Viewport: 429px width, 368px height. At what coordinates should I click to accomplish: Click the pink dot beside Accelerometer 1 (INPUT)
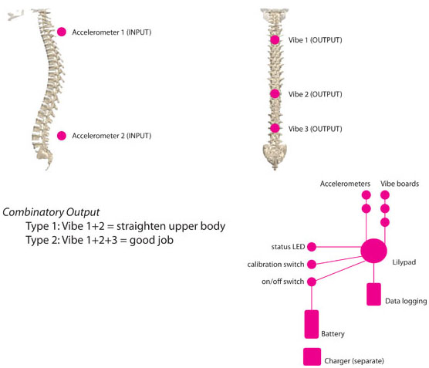[62, 32]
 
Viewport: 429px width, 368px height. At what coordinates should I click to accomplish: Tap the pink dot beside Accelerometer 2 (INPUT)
[62, 136]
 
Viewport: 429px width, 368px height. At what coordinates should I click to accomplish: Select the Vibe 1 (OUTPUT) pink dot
[275, 40]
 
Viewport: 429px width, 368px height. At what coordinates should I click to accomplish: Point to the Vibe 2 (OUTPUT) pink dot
[275, 94]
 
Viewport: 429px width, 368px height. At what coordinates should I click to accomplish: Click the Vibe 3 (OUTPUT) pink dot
[275, 128]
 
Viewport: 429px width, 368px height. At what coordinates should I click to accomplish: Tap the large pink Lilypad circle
[373, 251]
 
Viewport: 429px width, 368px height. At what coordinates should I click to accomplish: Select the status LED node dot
[312, 247]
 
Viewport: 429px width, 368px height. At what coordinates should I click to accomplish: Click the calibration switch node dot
[312, 265]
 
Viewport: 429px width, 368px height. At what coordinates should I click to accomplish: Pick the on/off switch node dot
[312, 282]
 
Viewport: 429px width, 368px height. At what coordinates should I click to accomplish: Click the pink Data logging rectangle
[373, 294]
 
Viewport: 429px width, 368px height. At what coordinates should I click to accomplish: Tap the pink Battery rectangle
[312, 324]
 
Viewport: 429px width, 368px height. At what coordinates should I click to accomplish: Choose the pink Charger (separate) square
[312, 356]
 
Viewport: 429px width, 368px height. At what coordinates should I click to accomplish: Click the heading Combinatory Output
[51, 212]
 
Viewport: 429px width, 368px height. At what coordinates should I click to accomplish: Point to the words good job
[151, 240]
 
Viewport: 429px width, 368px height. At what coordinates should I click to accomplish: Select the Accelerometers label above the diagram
[345, 184]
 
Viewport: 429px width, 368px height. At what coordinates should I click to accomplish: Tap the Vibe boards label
[400, 184]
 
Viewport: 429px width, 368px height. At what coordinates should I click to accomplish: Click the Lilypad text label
[404, 262]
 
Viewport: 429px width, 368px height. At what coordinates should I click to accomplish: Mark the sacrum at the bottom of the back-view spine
[275, 154]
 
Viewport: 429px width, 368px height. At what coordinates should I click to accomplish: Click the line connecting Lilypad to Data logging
[373, 273]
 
